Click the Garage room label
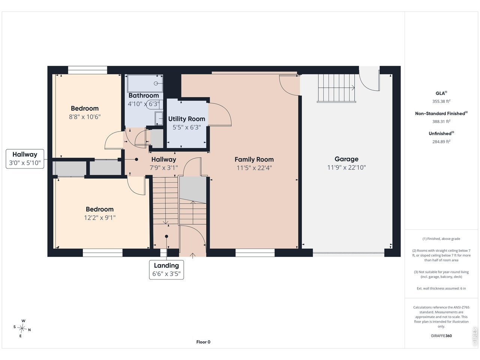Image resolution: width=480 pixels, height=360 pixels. click(x=346, y=159)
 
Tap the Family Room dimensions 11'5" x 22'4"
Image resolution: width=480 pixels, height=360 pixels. click(x=254, y=168)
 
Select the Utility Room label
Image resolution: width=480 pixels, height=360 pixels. click(x=186, y=119)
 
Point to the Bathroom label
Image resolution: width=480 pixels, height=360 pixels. click(x=144, y=96)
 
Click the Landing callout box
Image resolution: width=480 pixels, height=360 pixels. click(x=166, y=270)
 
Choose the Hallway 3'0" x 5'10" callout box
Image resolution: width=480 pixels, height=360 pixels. click(x=25, y=159)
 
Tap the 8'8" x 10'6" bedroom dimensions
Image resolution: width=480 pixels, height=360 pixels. click(x=85, y=117)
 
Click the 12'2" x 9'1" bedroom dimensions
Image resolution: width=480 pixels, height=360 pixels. click(x=100, y=218)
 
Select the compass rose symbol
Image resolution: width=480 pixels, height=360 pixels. click(x=22, y=328)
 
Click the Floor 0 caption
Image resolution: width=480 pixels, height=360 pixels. click(x=203, y=342)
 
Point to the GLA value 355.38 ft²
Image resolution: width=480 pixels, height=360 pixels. click(x=441, y=101)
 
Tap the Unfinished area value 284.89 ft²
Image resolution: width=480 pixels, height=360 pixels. click(x=441, y=141)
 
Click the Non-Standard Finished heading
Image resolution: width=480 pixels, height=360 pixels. click(x=441, y=114)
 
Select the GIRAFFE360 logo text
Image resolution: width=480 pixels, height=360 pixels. click(x=441, y=336)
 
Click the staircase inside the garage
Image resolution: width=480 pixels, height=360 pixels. click(x=336, y=88)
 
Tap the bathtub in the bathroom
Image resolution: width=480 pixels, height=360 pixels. click(x=145, y=84)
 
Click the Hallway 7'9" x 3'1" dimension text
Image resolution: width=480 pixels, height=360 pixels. click(x=163, y=168)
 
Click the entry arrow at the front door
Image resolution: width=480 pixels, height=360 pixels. click(x=192, y=255)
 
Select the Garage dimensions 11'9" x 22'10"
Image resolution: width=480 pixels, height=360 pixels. click(x=346, y=167)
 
